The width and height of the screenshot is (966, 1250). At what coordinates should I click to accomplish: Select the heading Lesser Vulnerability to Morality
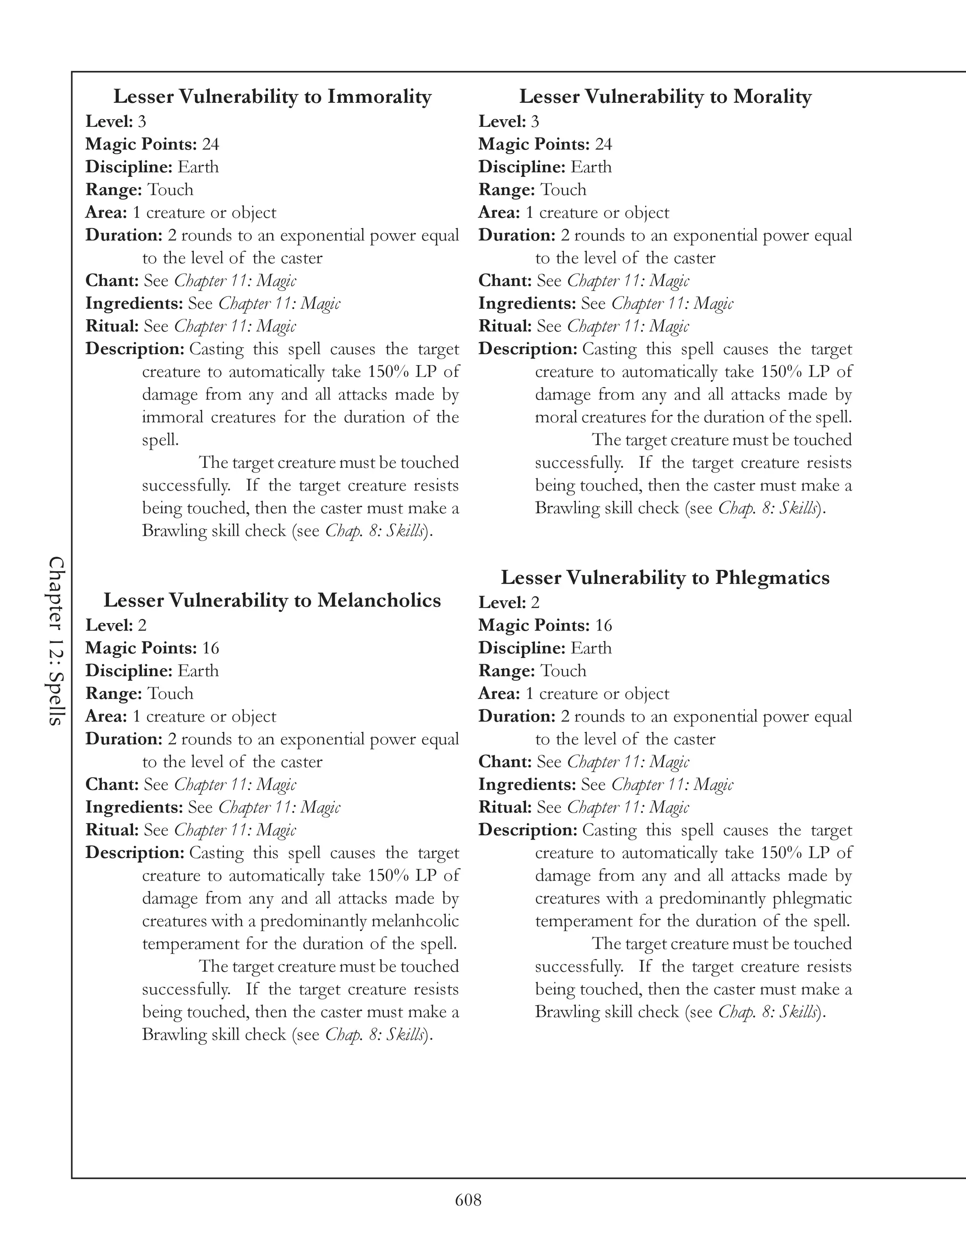click(x=665, y=97)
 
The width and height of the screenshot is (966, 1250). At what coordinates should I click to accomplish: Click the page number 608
click(x=468, y=1200)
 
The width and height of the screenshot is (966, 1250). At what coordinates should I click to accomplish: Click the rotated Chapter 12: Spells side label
click(x=56, y=641)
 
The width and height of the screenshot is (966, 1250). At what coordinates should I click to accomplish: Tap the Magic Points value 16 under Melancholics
click(x=210, y=648)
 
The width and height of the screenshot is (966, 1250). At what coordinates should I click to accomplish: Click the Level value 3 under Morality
click(x=534, y=121)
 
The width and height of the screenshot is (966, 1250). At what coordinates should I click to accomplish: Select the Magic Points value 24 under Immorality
click(x=210, y=144)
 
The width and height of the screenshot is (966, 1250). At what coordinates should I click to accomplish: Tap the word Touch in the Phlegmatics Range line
click(x=563, y=671)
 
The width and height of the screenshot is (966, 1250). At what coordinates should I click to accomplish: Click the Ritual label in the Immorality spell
click(x=112, y=326)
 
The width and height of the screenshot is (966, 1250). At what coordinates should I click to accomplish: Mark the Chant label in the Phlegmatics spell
click(x=505, y=762)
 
